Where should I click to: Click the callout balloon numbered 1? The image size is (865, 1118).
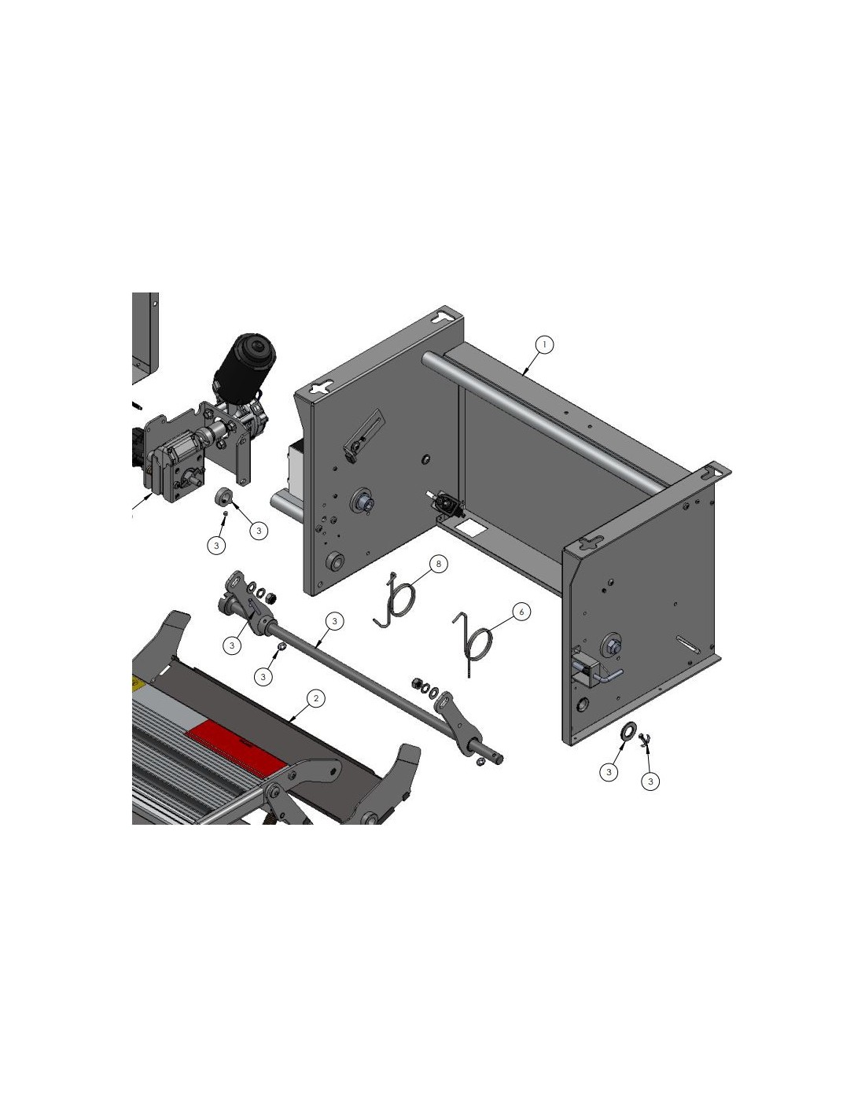tap(544, 344)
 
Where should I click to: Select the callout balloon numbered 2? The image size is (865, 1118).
tap(315, 698)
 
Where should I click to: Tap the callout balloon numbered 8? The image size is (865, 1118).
tap(439, 564)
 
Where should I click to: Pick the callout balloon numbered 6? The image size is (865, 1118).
tap(521, 612)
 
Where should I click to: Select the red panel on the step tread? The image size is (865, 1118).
tap(234, 745)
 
